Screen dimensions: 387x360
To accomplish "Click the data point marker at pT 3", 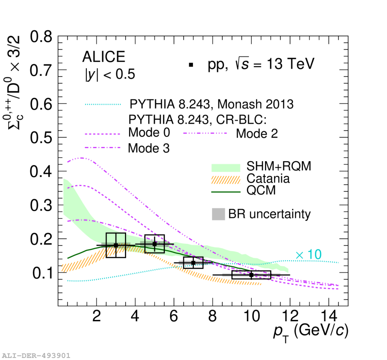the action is click(x=116, y=245).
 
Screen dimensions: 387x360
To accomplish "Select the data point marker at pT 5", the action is click(x=154, y=244).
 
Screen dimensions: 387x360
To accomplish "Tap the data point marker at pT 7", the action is click(x=193, y=263).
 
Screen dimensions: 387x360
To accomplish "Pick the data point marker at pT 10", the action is click(x=251, y=274).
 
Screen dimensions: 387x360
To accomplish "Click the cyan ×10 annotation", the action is click(x=308, y=254).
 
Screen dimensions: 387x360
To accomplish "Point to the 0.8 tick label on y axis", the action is click(x=41, y=37).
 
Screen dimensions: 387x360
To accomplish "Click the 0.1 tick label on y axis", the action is click(x=42, y=273).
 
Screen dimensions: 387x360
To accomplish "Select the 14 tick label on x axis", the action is click(x=329, y=316).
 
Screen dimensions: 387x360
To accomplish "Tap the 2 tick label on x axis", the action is click(x=97, y=316).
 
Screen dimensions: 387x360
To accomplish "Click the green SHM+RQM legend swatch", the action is click(x=226, y=168).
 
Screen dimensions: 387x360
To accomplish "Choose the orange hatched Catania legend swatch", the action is click(x=226, y=180).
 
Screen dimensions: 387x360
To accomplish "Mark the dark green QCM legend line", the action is click(x=226, y=192).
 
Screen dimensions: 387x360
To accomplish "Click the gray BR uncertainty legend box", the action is click(x=218, y=214).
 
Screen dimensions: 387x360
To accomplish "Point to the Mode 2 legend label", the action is click(x=257, y=134).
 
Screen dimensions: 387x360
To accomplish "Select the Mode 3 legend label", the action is click(x=149, y=148).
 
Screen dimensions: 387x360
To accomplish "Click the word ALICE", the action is click(x=104, y=57).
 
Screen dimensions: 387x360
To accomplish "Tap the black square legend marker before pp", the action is click(x=191, y=65).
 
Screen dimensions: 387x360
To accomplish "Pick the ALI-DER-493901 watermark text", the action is click(x=36, y=355).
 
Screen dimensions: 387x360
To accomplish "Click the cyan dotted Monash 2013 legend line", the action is click(x=103, y=104).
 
